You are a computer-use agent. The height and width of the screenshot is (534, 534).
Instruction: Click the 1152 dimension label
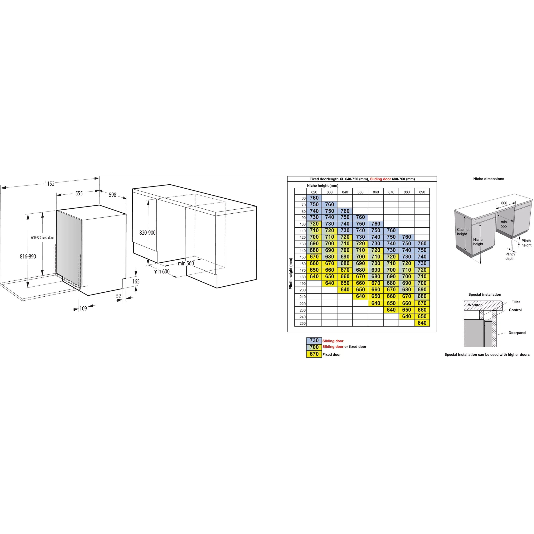[x=50, y=184]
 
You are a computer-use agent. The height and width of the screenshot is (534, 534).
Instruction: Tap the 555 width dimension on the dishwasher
[x=79, y=194]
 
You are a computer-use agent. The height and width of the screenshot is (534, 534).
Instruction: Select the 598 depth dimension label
[x=112, y=195]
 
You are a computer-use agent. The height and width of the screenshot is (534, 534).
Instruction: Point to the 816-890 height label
[x=28, y=257]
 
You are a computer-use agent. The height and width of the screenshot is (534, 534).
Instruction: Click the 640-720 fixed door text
[x=43, y=238]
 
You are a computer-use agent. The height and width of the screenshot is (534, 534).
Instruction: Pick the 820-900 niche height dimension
[x=148, y=233]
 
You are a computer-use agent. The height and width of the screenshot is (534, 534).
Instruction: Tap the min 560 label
[x=186, y=263]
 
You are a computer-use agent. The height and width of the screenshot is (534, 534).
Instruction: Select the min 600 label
[x=162, y=272]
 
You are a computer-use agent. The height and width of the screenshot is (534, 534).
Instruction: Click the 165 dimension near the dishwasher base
[x=136, y=282]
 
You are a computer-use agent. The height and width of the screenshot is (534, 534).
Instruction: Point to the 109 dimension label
[x=83, y=309]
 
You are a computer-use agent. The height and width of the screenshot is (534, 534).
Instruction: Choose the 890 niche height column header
[x=422, y=192]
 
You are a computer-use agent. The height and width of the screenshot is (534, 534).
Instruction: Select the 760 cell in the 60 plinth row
[x=314, y=198]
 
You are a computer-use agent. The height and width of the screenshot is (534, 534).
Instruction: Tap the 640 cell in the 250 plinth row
[x=422, y=323]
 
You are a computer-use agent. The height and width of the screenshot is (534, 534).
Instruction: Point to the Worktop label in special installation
[x=475, y=305]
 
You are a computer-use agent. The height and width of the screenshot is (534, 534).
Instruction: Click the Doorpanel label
[x=517, y=333]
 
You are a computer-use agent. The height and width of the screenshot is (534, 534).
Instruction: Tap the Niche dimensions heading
[x=489, y=179]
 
